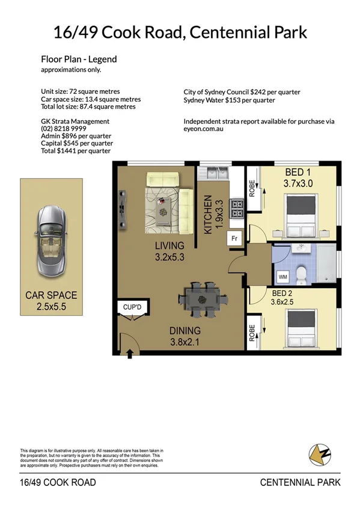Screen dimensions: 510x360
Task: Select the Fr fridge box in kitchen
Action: point(234,238)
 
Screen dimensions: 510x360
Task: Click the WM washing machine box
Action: point(282,277)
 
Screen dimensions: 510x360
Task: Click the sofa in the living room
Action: point(163,180)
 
